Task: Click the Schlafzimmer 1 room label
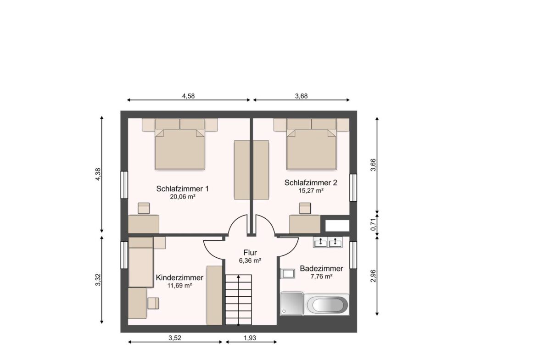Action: click(183, 188)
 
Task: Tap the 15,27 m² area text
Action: click(311, 190)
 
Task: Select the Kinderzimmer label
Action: click(179, 277)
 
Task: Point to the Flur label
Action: click(250, 252)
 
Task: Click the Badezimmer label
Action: click(321, 268)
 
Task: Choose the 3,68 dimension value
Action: click(301, 96)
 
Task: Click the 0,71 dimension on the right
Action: click(373, 225)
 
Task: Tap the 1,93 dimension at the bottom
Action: click(249, 338)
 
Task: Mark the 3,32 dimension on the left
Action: click(97, 280)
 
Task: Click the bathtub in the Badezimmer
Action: click(328, 305)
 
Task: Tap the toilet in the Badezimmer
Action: click(287, 274)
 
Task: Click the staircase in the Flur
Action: click(239, 299)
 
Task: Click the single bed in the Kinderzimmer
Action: click(140, 262)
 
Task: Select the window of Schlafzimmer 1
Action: click(124, 185)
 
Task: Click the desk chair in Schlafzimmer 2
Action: click(305, 208)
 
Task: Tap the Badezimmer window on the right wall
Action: click(352, 255)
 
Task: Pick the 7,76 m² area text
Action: click(321, 277)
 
